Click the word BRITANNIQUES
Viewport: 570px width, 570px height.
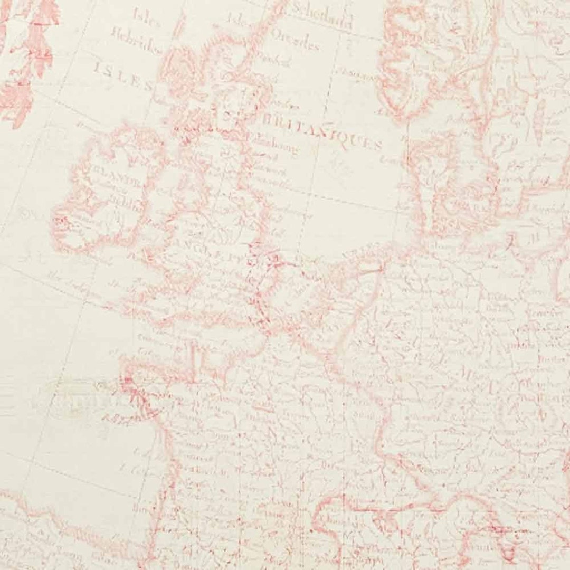click(322, 132)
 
